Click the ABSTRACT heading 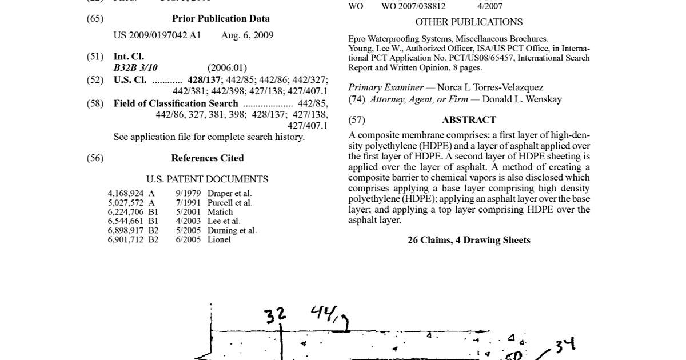pyautogui.click(x=469, y=120)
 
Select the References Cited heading pyautogui.click(x=208, y=158)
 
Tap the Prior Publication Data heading pyautogui.click(x=221, y=19)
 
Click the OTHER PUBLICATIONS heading pyautogui.click(x=469, y=22)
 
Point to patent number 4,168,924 pyautogui.click(x=126, y=194)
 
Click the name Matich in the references pyautogui.click(x=220, y=212)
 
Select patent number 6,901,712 pyautogui.click(x=126, y=240)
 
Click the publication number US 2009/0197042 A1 pyautogui.click(x=157, y=35)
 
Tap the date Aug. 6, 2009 pyautogui.click(x=247, y=35)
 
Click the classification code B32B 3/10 pyautogui.click(x=135, y=68)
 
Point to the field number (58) pyautogui.click(x=95, y=104)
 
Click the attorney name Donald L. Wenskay pyautogui.click(x=522, y=99)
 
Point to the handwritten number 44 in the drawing pyautogui.click(x=322, y=313)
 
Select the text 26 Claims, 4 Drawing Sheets pyautogui.click(x=469, y=241)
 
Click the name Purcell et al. pyautogui.click(x=230, y=203)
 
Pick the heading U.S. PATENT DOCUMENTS pyautogui.click(x=207, y=179)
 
